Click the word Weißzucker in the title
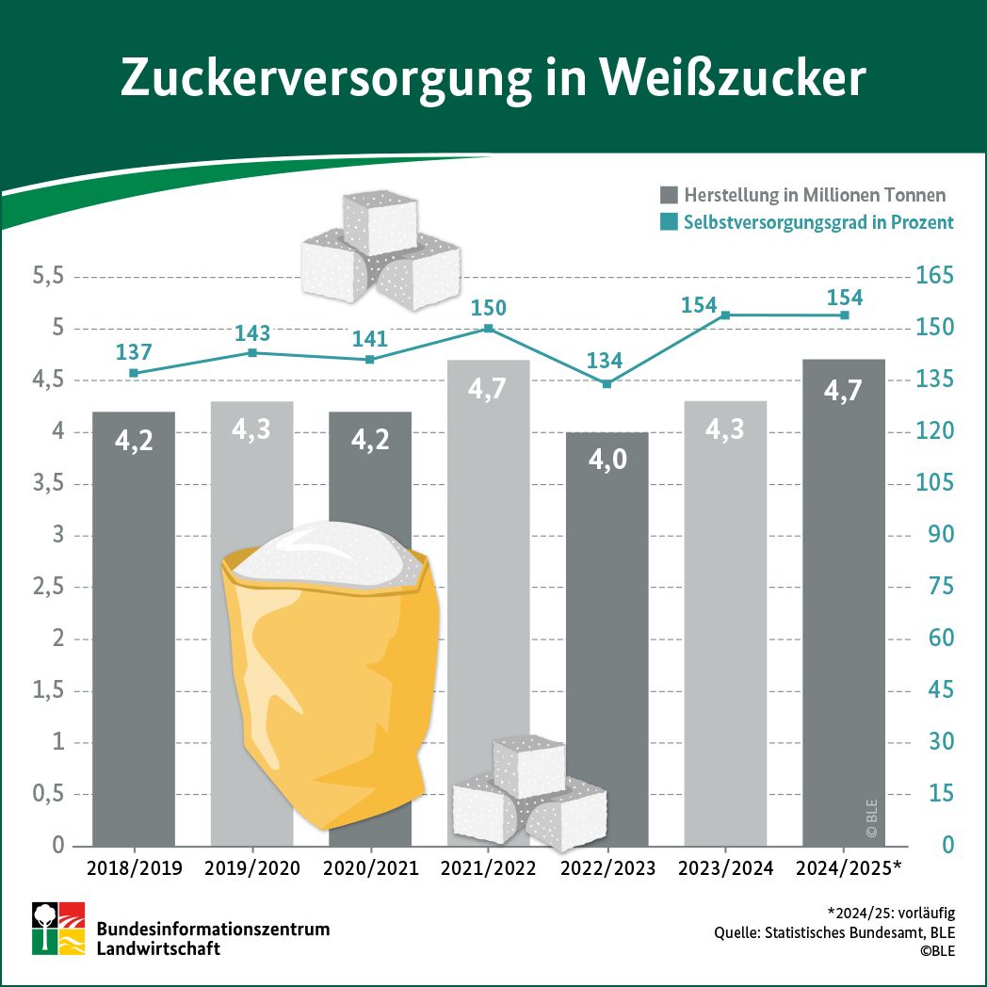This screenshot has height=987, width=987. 730,79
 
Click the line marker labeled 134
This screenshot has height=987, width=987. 607,383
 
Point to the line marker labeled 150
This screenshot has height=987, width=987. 489,328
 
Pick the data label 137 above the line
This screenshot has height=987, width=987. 134,352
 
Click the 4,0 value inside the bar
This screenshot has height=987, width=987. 607,461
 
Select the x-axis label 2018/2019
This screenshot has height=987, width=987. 134,867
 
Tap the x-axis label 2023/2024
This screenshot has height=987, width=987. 725,867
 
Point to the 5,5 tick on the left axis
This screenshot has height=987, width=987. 47,277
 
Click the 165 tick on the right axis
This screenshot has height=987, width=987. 935,277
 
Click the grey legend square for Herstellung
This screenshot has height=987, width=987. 669,195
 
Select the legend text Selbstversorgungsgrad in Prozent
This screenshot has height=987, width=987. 818,222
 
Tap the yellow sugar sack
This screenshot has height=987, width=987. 330,678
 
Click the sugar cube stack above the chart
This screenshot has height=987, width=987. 380,247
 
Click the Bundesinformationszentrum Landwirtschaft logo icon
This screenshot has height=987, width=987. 58,929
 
